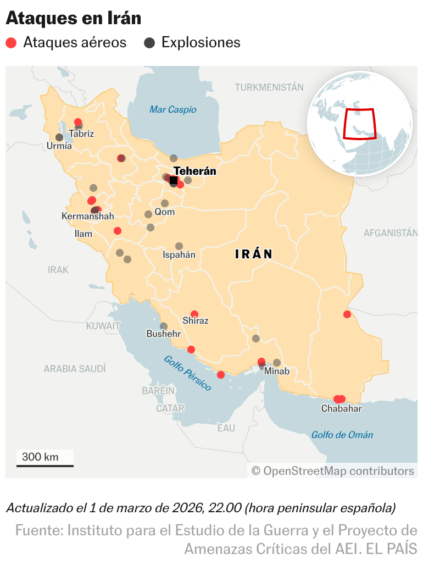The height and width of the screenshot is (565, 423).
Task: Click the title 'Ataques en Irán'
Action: (x=73, y=18)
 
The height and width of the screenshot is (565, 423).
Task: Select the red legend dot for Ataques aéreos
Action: (x=11, y=43)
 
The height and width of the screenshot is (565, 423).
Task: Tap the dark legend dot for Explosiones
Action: (x=149, y=43)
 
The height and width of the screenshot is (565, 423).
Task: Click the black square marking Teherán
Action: (x=174, y=180)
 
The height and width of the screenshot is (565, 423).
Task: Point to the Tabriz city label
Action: (x=82, y=134)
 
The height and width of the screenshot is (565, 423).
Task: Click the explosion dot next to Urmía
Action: (x=59, y=137)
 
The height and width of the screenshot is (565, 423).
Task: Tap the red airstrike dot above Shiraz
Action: (x=194, y=314)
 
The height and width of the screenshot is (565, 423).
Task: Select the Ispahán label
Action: (x=179, y=254)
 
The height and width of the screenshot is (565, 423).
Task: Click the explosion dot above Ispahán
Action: (x=179, y=246)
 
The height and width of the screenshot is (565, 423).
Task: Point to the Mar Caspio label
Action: (x=172, y=109)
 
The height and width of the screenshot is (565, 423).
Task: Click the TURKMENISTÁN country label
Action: (x=269, y=87)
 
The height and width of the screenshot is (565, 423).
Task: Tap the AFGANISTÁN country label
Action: (x=391, y=233)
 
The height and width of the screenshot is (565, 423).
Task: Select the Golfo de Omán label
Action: (x=342, y=435)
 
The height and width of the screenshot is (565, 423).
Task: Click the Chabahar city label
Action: (x=341, y=408)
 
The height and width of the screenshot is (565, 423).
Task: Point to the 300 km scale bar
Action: (x=44, y=466)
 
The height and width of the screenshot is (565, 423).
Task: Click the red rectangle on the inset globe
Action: (x=360, y=124)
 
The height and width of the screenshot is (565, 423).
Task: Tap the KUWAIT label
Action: (x=103, y=326)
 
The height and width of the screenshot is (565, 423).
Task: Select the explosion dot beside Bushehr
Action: (x=164, y=326)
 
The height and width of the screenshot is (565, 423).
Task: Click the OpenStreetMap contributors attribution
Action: (x=333, y=471)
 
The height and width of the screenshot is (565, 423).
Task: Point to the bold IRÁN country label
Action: (x=254, y=254)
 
